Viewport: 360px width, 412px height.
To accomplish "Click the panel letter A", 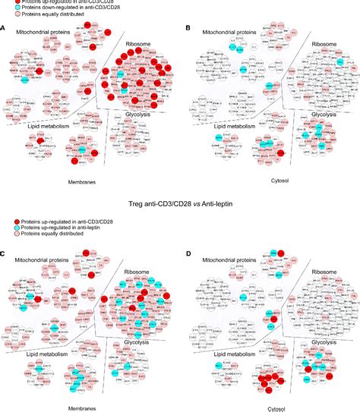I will click(x=4, y=28).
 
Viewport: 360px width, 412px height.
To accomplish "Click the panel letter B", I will click(x=188, y=28).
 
